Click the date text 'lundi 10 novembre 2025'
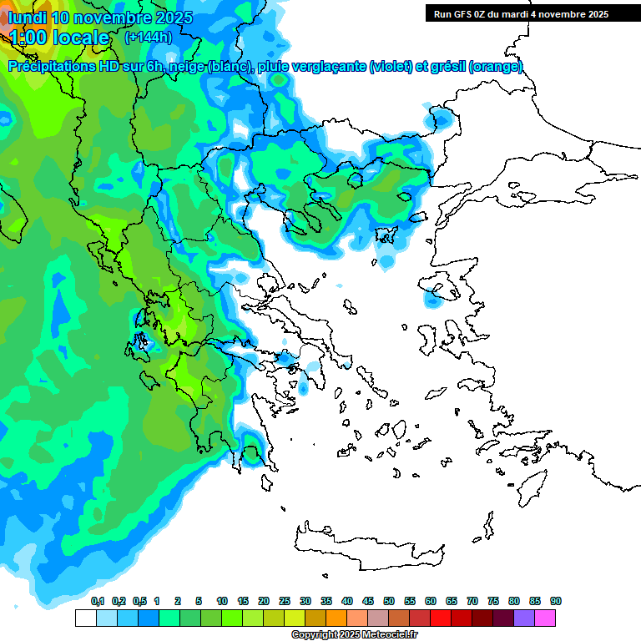tap(100, 18)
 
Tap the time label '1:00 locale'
tap(58, 38)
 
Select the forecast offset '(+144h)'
tap(149, 38)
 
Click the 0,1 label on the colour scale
tap(98, 602)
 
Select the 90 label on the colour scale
tap(556, 602)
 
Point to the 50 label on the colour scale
tap(389, 602)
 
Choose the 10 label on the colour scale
tap(222, 602)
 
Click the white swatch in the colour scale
tap(85, 618)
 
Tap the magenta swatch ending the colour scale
tap(545, 618)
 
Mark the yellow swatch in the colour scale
tap(295, 618)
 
